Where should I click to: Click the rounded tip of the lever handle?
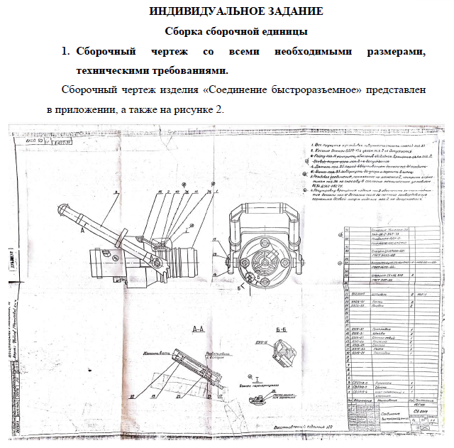[63, 209]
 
